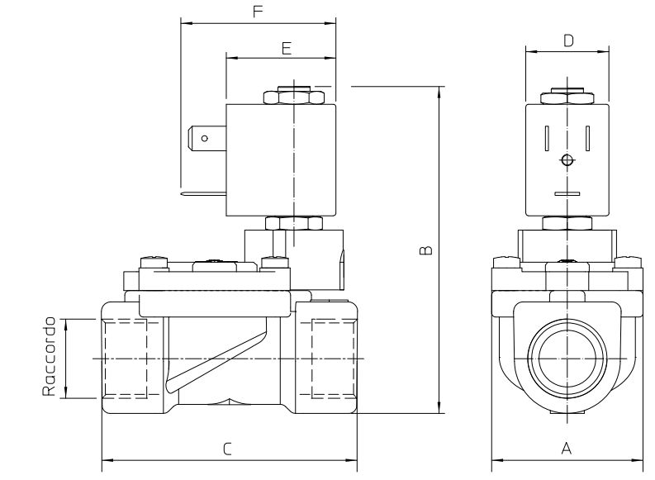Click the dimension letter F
pyautogui.click(x=259, y=12)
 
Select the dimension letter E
pyautogui.click(x=286, y=49)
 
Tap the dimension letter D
pyautogui.click(x=568, y=40)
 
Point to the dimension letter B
pyautogui.click(x=425, y=250)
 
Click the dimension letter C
pyautogui.click(x=227, y=449)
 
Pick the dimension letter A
pyautogui.click(x=566, y=449)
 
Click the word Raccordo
pyautogui.click(x=49, y=356)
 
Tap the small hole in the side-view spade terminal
pyautogui.click(x=205, y=138)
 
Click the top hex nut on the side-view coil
pyautogui.click(x=294, y=97)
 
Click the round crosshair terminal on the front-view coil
pyautogui.click(x=567, y=159)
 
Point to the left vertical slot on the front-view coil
pyautogui.click(x=547, y=138)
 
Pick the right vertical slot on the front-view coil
pyautogui.click(x=587, y=138)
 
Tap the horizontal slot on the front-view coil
pyautogui.click(x=567, y=194)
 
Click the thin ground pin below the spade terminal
pyautogui.click(x=203, y=193)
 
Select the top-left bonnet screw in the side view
pyautogui.click(x=154, y=263)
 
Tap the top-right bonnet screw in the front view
pyautogui.click(x=628, y=262)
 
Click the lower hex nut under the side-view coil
pyautogui.click(x=294, y=223)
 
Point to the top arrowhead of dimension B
pyautogui.click(x=439, y=93)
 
